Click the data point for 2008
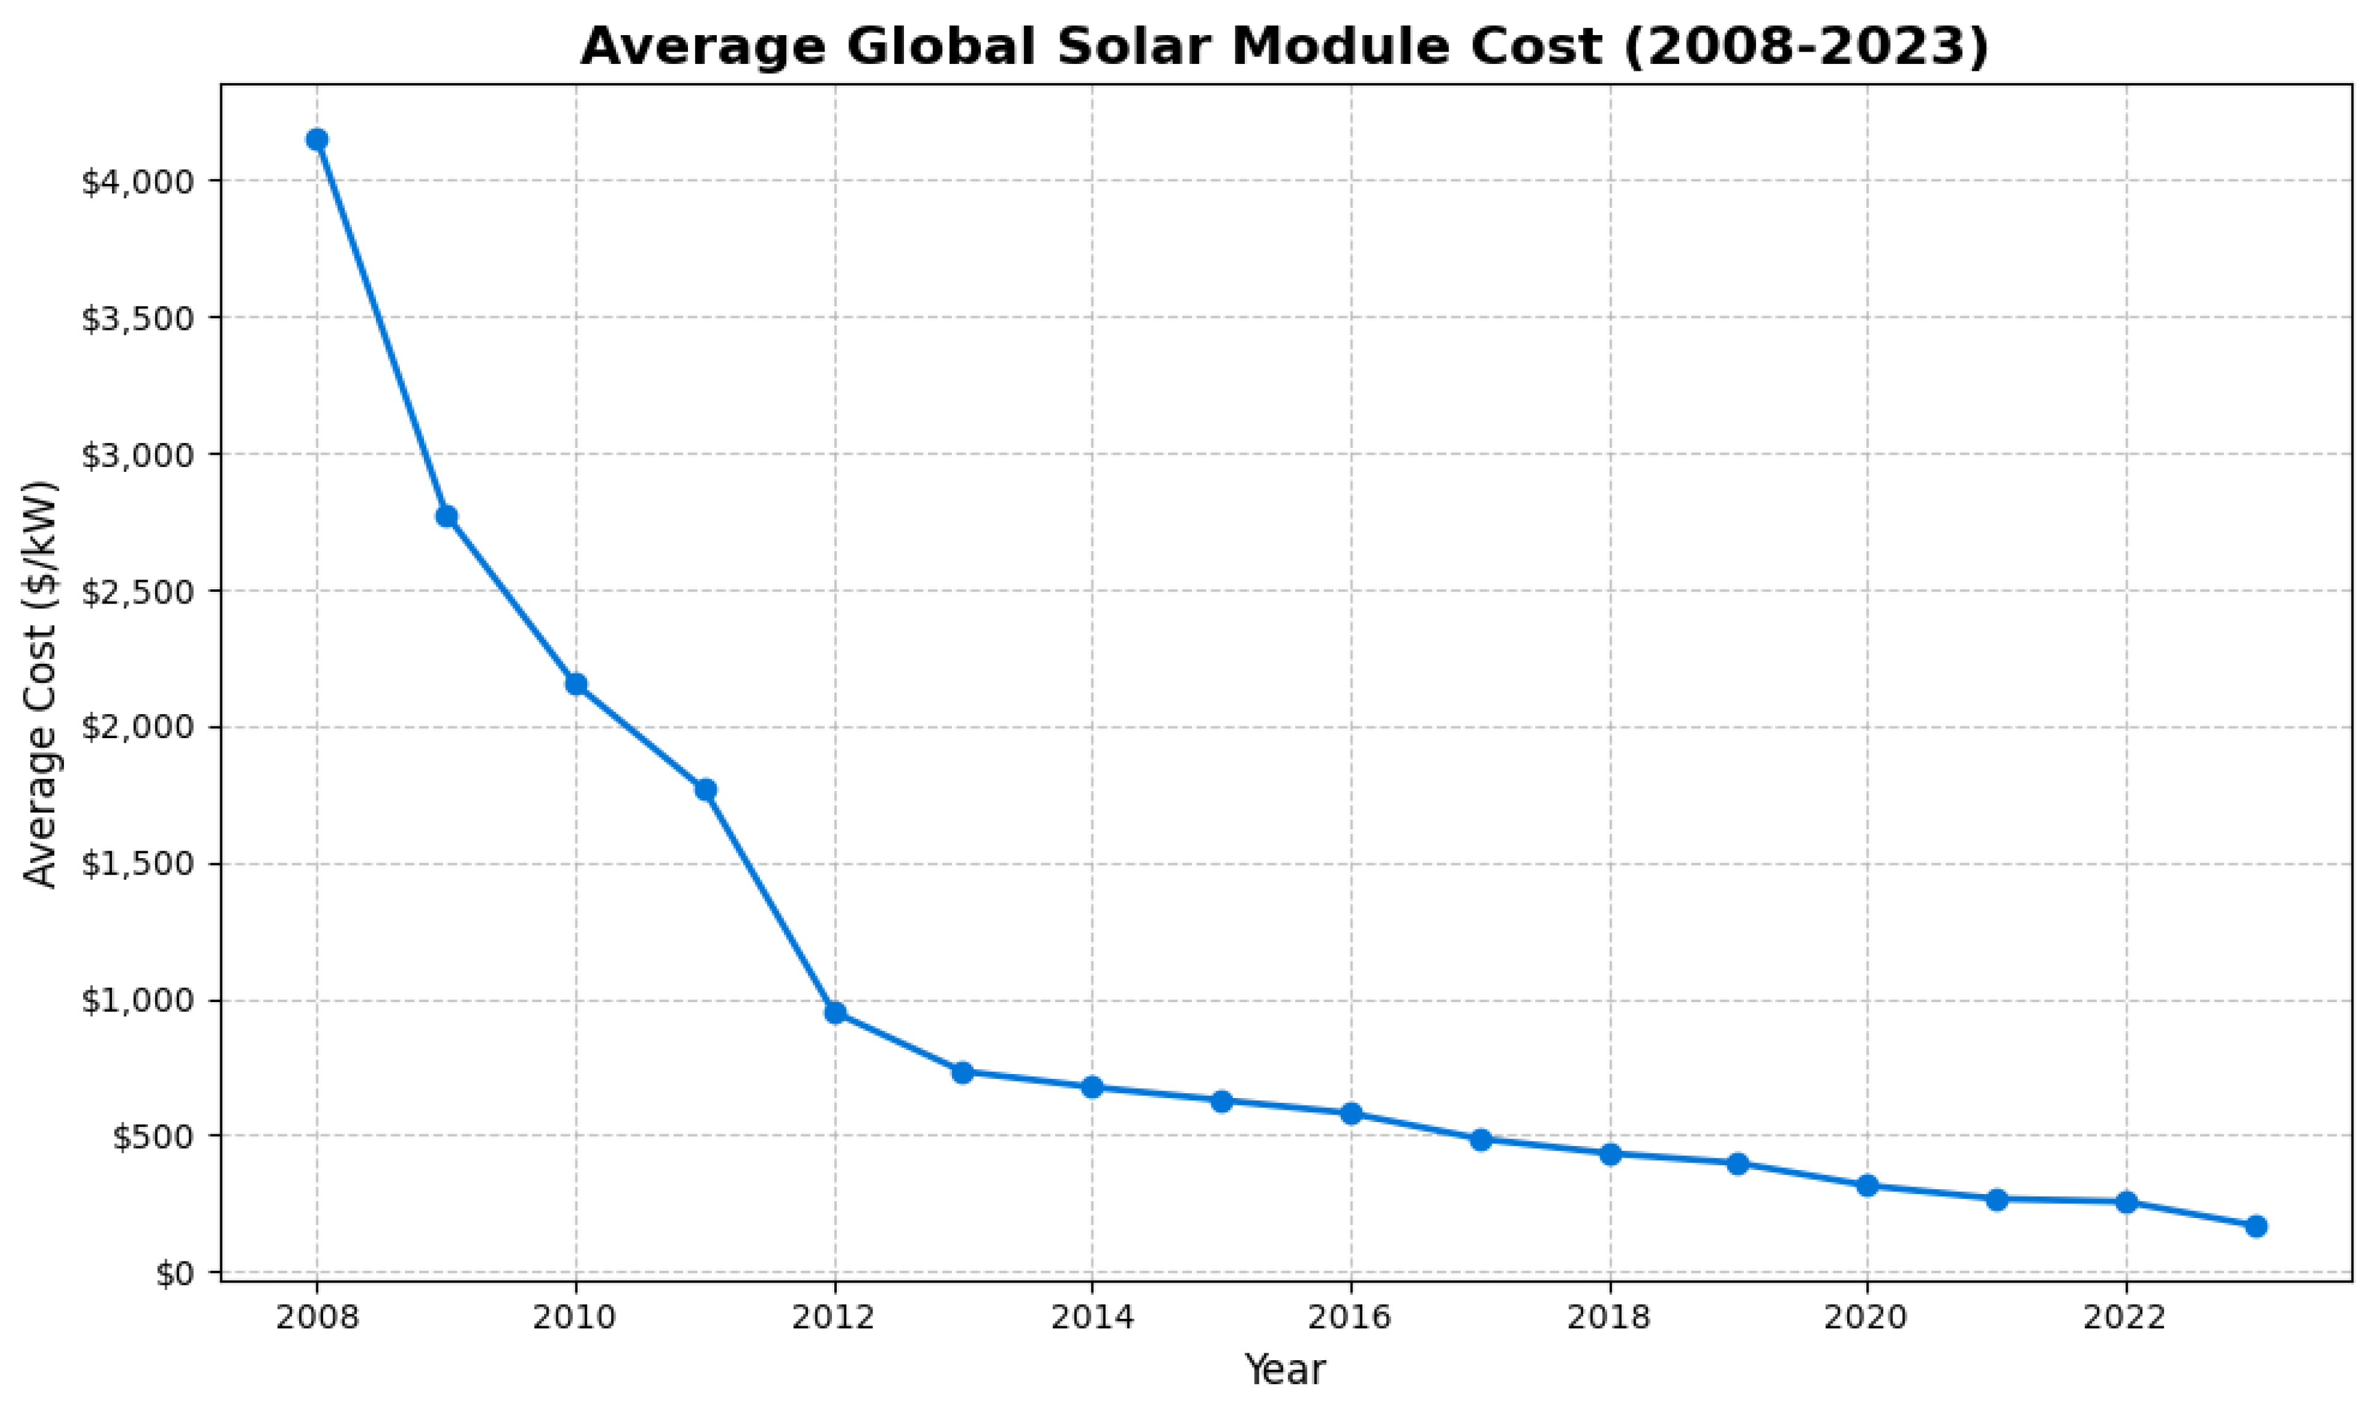[x=317, y=140]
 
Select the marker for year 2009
[x=447, y=516]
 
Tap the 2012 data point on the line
[x=835, y=1012]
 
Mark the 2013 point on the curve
[x=963, y=1073]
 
